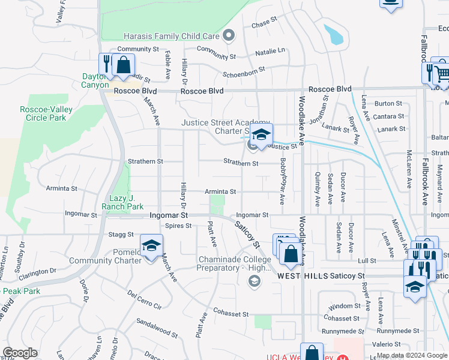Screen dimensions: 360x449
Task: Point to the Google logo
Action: tap(20, 353)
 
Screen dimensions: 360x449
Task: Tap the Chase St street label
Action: tap(264, 25)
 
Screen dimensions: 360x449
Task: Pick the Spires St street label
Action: tap(178, 226)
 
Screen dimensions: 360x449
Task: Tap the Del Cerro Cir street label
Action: tap(145, 299)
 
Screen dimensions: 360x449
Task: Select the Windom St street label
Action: tap(345, 306)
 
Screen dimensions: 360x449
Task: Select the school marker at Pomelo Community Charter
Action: tap(151, 245)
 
